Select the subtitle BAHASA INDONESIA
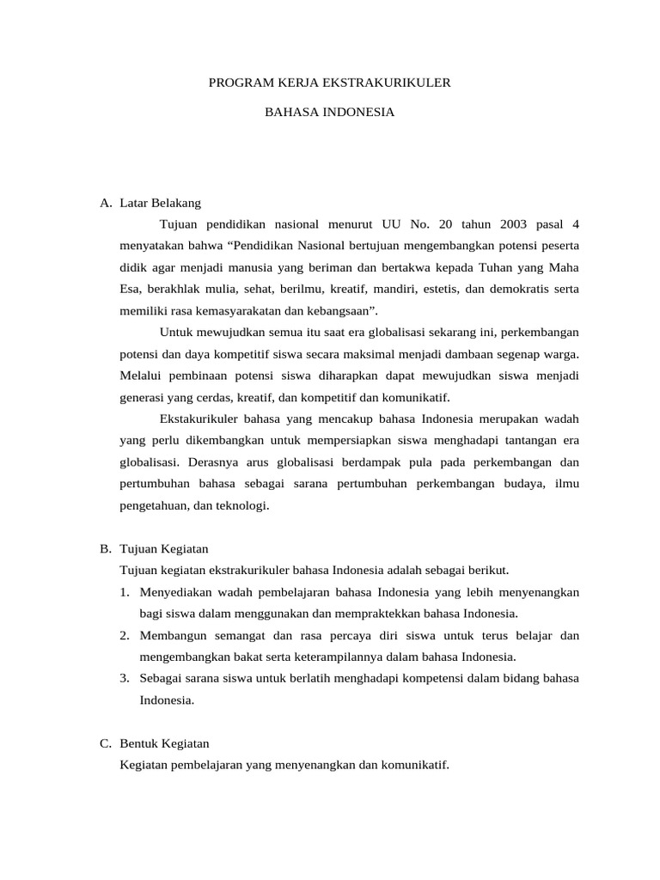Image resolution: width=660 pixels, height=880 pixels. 329,112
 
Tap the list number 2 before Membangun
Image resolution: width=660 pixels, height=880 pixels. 125,635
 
